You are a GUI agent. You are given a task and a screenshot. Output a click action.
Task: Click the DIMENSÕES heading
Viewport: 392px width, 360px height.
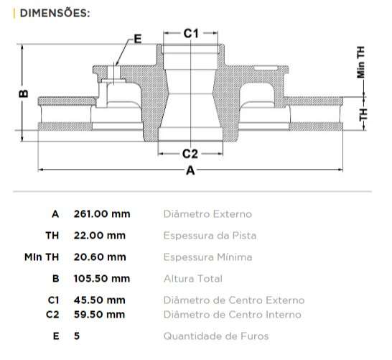pyautogui.click(x=55, y=12)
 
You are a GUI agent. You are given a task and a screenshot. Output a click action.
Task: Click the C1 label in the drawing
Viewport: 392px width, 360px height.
pyautogui.click(x=190, y=33)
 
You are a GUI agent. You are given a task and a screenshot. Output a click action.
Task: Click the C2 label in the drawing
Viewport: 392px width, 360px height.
pyautogui.click(x=190, y=153)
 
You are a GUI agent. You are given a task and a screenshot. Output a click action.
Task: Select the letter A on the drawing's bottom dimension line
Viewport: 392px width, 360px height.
pyautogui.click(x=190, y=170)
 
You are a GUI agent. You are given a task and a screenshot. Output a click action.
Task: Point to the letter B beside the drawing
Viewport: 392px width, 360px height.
pyautogui.click(x=23, y=93)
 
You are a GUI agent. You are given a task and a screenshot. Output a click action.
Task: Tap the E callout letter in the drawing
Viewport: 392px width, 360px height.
pyautogui.click(x=137, y=39)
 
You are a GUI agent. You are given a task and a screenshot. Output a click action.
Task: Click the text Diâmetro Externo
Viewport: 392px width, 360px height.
pyautogui.click(x=207, y=213)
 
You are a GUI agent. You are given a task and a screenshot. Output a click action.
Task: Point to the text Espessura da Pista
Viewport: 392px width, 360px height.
pyautogui.click(x=210, y=235)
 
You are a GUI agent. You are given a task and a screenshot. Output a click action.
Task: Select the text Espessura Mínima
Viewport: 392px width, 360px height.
pyautogui.click(x=207, y=257)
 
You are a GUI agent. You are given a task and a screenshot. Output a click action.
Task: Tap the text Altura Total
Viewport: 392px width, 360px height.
pyautogui.click(x=193, y=278)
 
